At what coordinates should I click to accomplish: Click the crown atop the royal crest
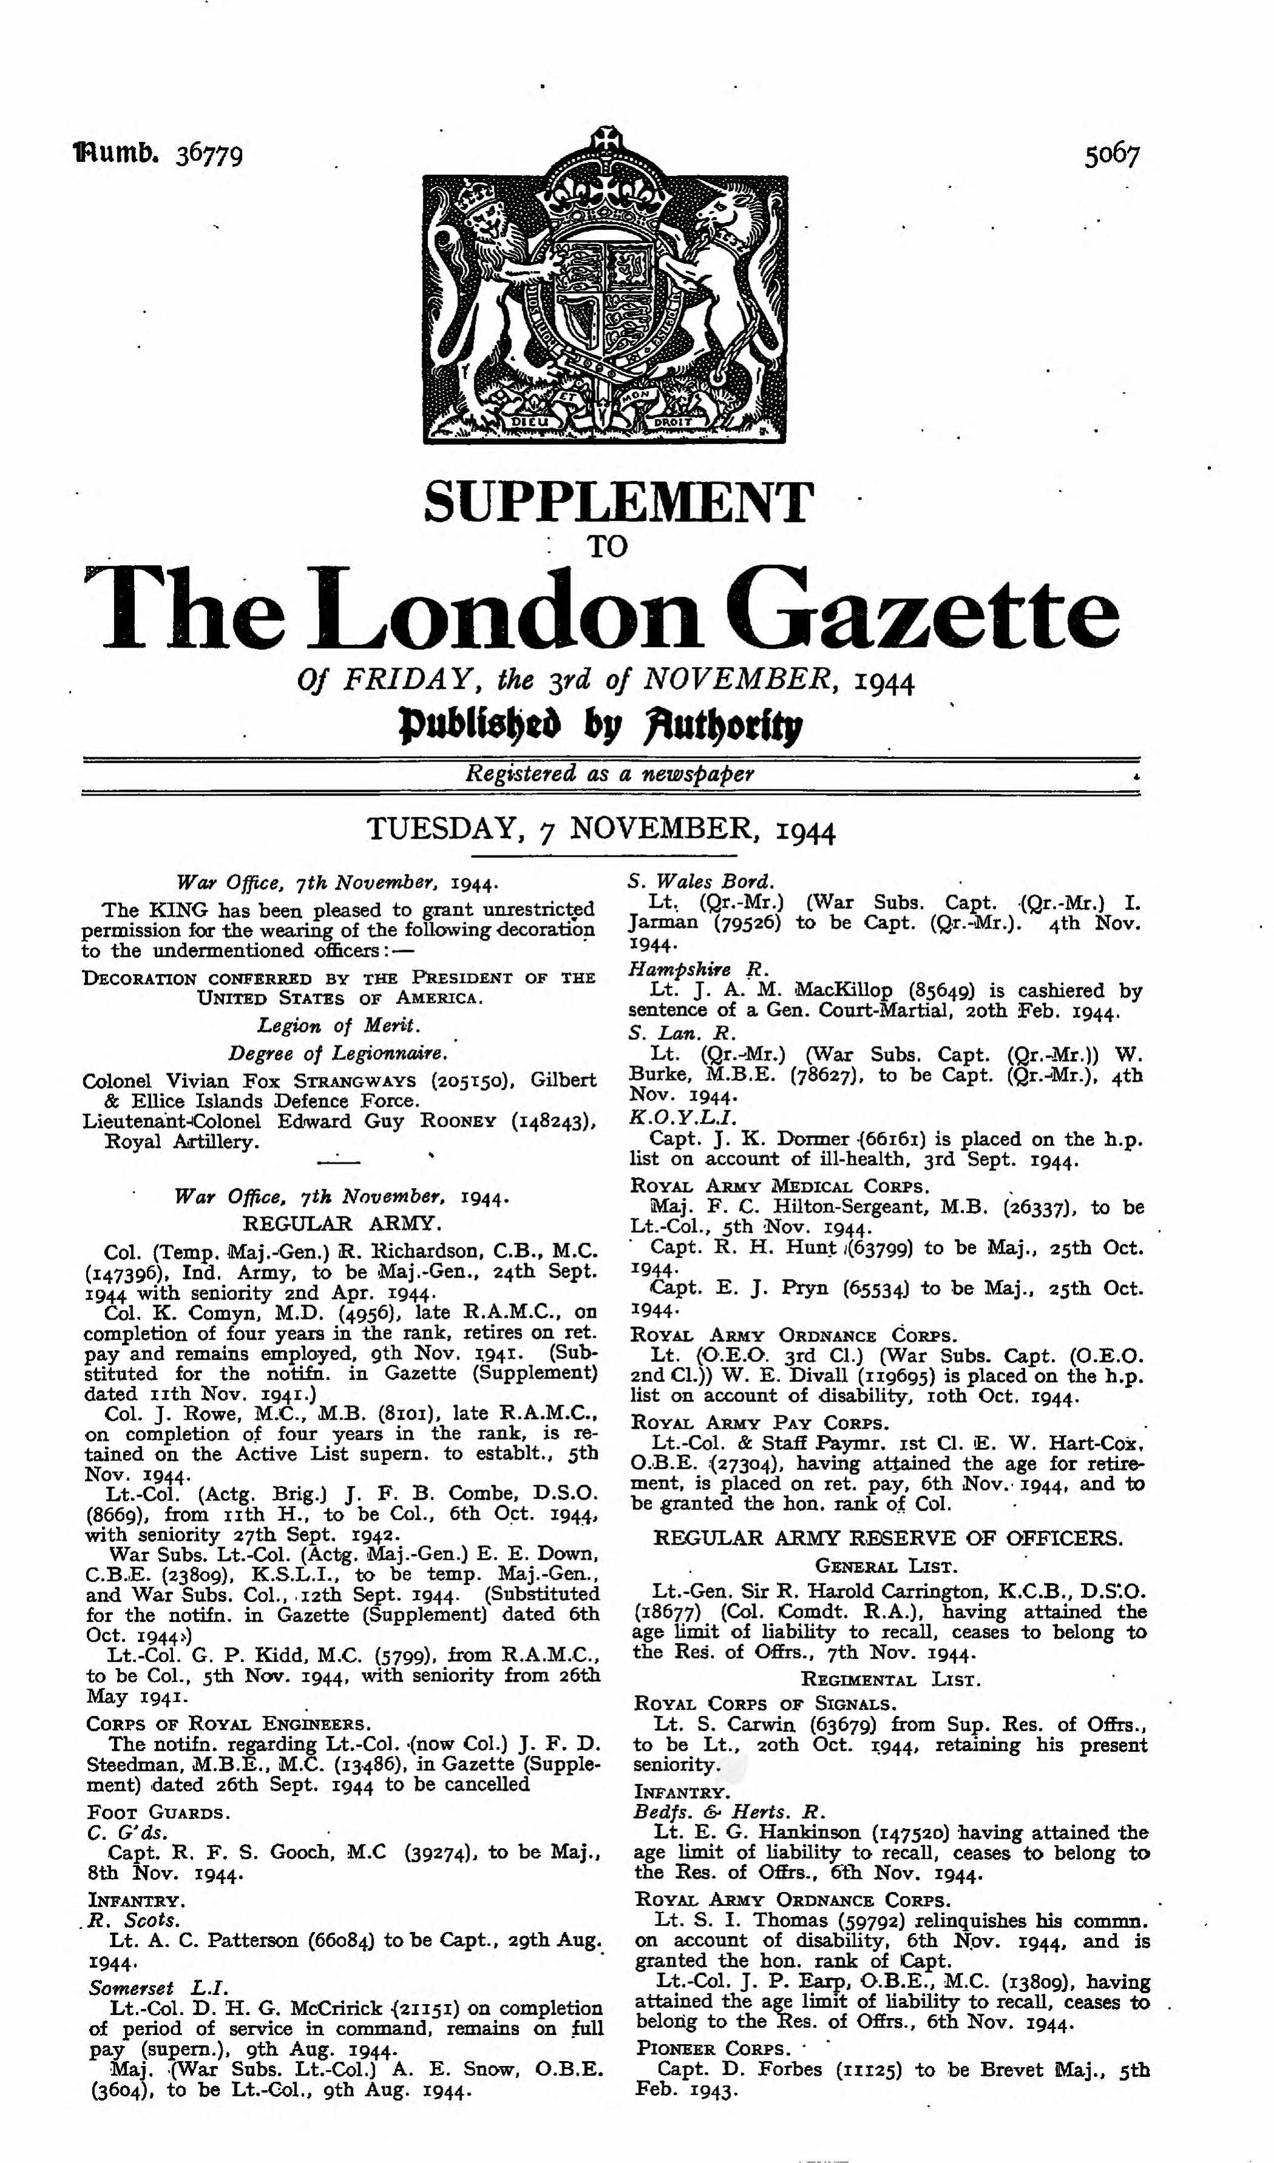tap(607, 184)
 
